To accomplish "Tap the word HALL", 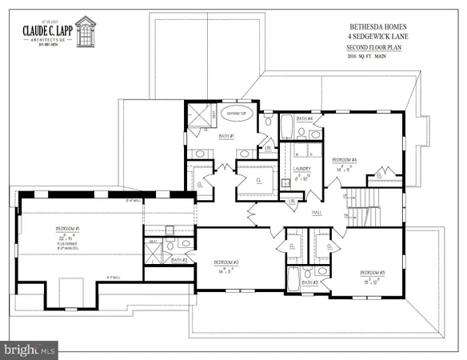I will (317, 213).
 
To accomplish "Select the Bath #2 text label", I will (179, 259).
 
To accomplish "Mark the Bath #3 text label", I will (310, 282).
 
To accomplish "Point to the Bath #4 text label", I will (304, 118).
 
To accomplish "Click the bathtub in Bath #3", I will (293, 280).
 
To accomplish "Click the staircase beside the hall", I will (369, 206).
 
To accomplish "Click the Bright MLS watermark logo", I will (30, 349).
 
